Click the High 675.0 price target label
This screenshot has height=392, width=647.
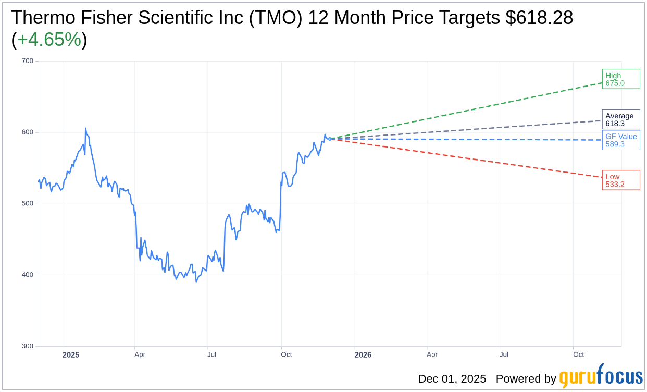click(620, 79)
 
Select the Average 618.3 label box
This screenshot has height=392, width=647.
click(620, 120)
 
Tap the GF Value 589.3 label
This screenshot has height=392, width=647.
click(620, 140)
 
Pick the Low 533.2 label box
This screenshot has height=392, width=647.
click(620, 180)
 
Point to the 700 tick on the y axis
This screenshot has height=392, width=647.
click(28, 61)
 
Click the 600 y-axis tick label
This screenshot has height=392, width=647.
click(28, 132)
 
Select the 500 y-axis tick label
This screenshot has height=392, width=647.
click(28, 204)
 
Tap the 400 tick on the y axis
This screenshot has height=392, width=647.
click(28, 275)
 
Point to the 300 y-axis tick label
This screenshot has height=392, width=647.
click(28, 346)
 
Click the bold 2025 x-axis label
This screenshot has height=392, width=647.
click(71, 355)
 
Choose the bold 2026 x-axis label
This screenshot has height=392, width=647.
click(363, 355)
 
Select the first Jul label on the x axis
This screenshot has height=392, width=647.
click(211, 354)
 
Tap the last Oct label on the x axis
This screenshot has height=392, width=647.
click(578, 354)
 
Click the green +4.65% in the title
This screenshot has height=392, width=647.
click(49, 40)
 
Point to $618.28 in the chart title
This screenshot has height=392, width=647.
click(539, 18)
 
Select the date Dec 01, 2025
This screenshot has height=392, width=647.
click(452, 379)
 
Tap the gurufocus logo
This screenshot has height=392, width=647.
click(601, 376)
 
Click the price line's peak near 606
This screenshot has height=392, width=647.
click(85, 128)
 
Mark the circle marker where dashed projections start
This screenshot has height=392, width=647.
click(330, 139)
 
